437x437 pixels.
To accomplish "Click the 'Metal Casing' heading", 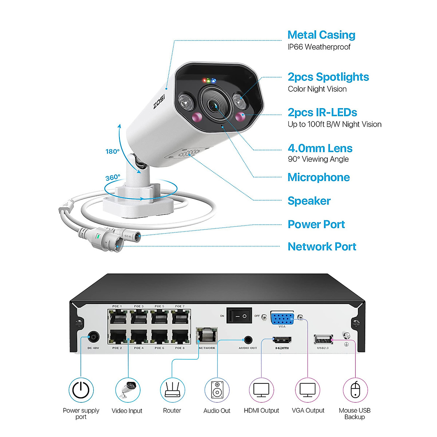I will (x=321, y=35).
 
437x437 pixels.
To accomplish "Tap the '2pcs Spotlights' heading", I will (x=328, y=77).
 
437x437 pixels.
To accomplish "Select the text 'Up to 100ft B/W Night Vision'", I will (x=334, y=124).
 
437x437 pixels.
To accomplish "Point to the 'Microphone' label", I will (x=319, y=177).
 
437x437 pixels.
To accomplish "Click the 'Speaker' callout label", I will (x=309, y=201).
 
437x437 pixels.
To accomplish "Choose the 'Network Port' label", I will (x=322, y=247).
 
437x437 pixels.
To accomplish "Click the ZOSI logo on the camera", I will (x=159, y=102).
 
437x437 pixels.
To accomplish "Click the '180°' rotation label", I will (x=113, y=151).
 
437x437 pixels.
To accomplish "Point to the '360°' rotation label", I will (x=113, y=178).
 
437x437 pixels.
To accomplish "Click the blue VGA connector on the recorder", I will (x=282, y=318).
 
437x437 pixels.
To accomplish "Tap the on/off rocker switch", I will (x=239, y=316).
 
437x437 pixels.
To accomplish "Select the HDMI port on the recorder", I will (x=282, y=340).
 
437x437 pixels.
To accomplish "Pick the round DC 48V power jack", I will (x=94, y=337).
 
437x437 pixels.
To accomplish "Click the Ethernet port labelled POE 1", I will (x=117, y=318).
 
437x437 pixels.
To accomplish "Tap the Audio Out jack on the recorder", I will (x=248, y=340).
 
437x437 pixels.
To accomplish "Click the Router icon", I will (x=172, y=390).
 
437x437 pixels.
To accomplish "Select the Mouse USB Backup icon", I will (x=355, y=390).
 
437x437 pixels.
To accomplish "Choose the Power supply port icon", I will (x=81, y=390).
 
